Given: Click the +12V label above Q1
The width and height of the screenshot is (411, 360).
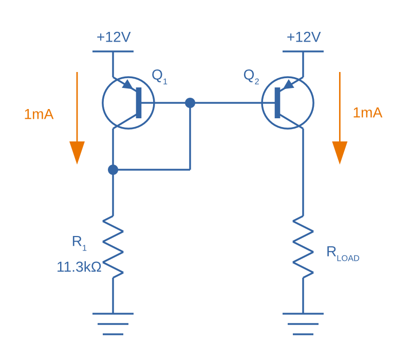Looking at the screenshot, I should [114, 38].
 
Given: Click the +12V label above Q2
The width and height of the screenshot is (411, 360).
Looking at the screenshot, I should [304, 38].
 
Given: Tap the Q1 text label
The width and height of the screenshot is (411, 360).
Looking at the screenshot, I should [159, 76].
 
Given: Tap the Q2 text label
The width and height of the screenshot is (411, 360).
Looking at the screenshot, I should [251, 76].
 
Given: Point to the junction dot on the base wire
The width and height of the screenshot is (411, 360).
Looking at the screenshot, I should [190, 103].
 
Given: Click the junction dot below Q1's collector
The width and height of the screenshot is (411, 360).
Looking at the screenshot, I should [113, 169].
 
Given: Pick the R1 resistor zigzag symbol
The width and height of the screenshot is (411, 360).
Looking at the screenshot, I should [113, 247].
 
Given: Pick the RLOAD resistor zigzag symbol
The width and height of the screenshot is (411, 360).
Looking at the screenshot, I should [303, 247].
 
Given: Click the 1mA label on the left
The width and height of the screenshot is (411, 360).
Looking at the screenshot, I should [39, 114].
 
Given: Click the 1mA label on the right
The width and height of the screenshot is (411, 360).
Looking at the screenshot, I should [367, 113].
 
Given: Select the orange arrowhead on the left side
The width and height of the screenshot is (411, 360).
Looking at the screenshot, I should [77, 152].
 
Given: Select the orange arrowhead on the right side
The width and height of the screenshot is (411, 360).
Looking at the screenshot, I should [340, 152].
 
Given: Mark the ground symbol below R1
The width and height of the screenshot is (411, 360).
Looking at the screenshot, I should [113, 324].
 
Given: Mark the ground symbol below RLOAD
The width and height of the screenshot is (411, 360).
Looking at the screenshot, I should [303, 324].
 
